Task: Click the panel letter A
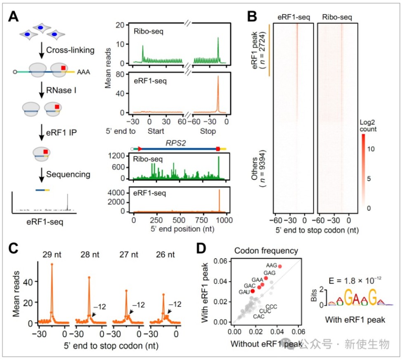click(13, 16)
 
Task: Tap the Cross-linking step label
click(70, 50)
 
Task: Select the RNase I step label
click(61, 90)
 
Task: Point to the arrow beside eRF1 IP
click(42, 132)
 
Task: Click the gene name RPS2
click(176, 143)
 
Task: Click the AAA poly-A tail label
click(84, 72)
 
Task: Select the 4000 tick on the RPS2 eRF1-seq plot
click(116, 193)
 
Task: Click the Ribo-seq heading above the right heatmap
click(337, 17)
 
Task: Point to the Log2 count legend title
click(368, 125)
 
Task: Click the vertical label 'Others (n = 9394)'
click(258, 169)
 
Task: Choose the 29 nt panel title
click(52, 254)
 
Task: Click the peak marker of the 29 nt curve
click(52, 264)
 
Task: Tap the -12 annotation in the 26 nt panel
click(175, 304)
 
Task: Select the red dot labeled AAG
click(280, 266)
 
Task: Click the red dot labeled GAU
click(253, 291)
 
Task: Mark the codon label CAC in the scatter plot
click(259, 317)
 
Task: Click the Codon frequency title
click(266, 251)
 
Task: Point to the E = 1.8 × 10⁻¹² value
click(355, 280)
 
